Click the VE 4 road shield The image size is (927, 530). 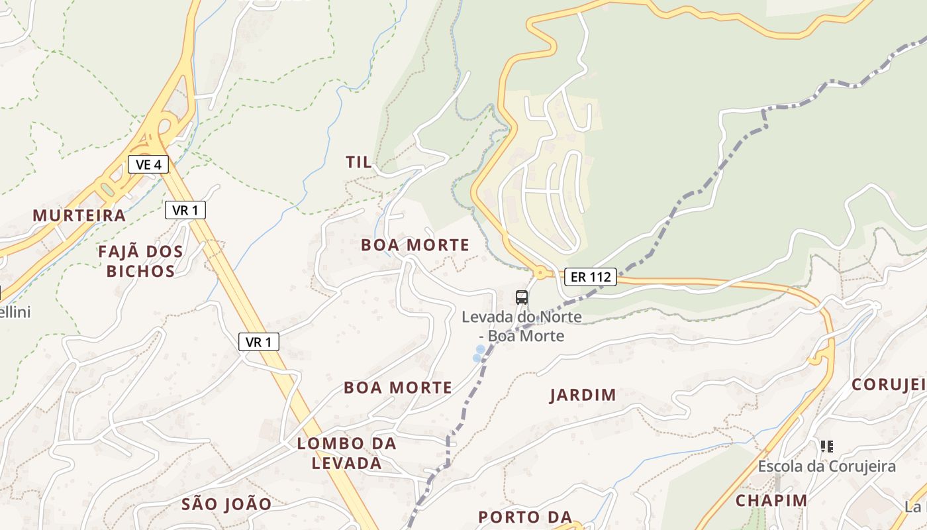(148, 164)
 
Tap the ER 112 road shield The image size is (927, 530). (591, 277)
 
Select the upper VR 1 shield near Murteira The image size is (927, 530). (185, 211)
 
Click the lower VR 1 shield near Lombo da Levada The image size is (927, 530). (259, 342)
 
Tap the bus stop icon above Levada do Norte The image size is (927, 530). (522, 297)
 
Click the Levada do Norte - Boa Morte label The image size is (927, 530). (522, 327)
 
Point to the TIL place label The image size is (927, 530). (359, 162)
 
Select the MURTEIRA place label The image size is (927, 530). (79, 216)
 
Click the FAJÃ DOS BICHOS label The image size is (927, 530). (140, 261)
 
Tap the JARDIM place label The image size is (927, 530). (583, 396)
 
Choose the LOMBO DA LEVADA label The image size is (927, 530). (347, 453)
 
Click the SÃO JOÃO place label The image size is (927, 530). (226, 504)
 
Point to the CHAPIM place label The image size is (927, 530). (771, 501)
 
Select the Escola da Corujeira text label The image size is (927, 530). (826, 466)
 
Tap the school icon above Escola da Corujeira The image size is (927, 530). (826, 447)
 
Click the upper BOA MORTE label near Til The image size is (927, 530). (415, 245)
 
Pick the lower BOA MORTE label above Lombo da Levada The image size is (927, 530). (398, 388)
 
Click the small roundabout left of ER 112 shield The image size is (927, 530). (540, 272)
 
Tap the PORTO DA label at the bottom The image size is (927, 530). (525, 517)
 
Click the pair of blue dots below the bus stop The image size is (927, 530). (478, 354)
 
